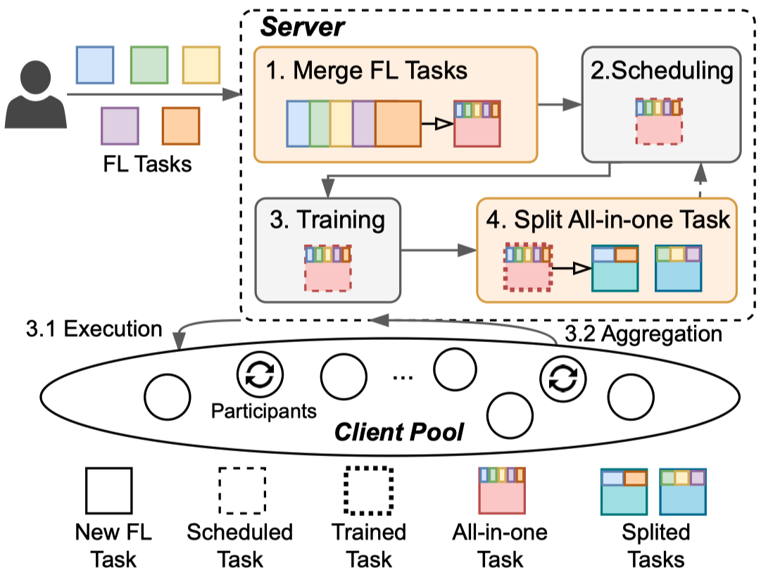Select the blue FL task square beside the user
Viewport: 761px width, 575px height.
(x=94, y=65)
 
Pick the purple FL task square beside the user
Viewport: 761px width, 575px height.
(x=120, y=125)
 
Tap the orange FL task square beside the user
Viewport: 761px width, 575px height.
(x=180, y=125)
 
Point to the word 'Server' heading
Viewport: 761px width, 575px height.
(x=303, y=27)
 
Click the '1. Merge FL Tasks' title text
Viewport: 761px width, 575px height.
(x=367, y=70)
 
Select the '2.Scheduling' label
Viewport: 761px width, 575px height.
(x=661, y=70)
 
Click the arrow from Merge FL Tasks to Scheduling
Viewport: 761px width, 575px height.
(x=560, y=106)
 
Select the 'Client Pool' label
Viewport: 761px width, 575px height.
(x=398, y=431)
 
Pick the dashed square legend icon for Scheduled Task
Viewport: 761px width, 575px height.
(x=241, y=491)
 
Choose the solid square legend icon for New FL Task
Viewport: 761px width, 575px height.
(x=109, y=491)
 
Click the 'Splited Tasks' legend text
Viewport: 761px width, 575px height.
(x=655, y=545)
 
